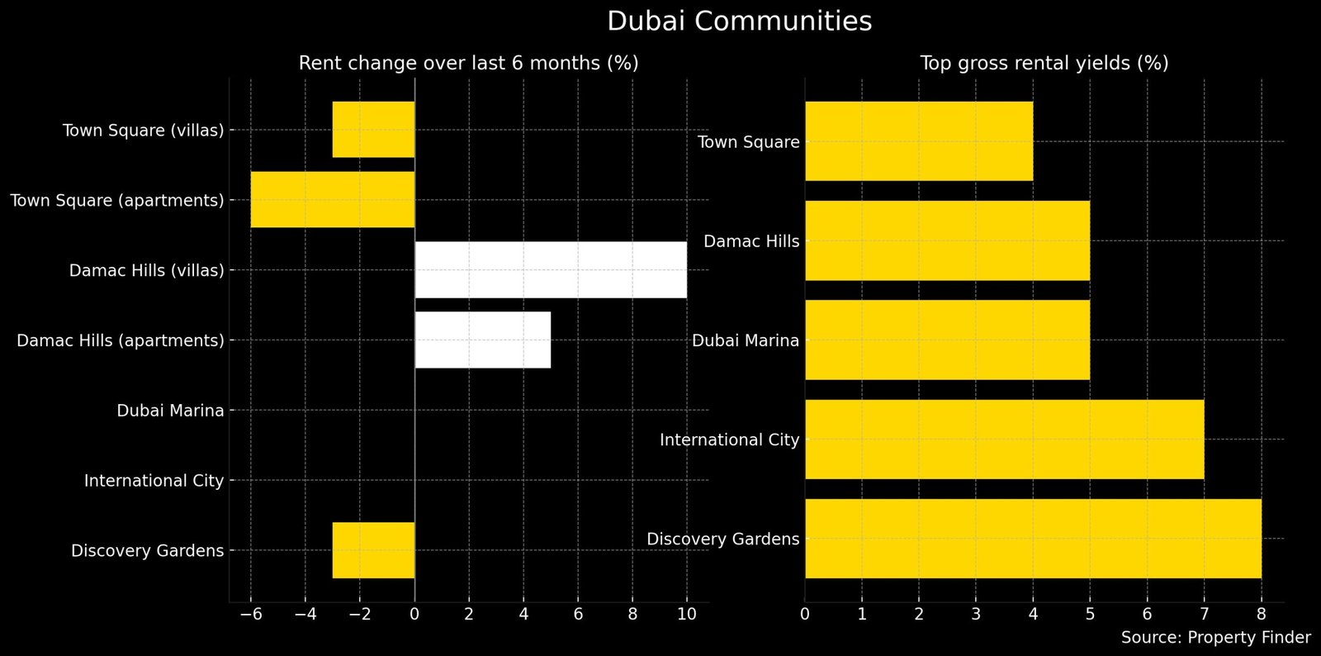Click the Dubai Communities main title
tap(739, 21)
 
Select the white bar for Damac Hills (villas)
tap(550, 270)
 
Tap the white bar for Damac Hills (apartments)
tap(482, 340)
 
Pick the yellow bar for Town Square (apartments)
tap(333, 200)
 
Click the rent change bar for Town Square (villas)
tap(373, 130)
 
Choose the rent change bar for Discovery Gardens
tap(373, 550)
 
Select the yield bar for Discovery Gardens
tap(1033, 539)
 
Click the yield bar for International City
tap(1004, 440)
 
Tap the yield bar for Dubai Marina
tap(947, 340)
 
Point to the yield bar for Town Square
tap(918, 141)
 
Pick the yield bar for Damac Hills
tap(947, 240)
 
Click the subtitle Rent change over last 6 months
tap(468, 64)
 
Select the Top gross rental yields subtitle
tap(1044, 64)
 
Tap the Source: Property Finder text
tap(1215, 638)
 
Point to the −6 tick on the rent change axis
tap(251, 615)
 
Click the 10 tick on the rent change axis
tap(686, 615)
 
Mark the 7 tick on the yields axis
tap(1204, 615)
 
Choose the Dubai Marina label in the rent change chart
tap(170, 411)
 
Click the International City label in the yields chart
tap(729, 440)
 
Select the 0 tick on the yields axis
tap(805, 615)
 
